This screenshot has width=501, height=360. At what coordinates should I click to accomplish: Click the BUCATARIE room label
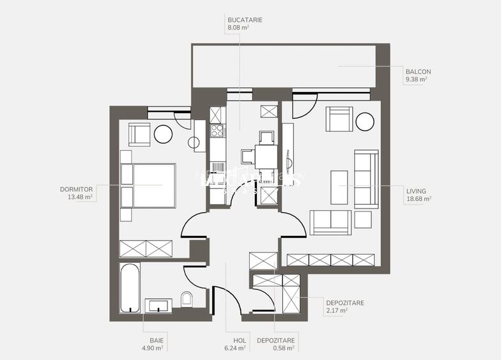(245, 20)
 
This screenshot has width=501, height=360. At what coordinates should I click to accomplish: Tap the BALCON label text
(418, 72)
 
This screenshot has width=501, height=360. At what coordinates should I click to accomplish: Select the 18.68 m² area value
(418, 199)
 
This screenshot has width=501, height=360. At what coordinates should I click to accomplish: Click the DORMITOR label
(77, 189)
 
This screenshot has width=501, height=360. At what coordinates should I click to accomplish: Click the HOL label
(231, 340)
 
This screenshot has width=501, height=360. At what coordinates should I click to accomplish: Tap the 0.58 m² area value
(281, 348)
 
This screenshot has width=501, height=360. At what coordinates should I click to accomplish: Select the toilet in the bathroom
(187, 299)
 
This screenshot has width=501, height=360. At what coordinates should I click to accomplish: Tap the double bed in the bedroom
(148, 185)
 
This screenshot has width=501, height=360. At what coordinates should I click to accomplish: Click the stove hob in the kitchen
(217, 131)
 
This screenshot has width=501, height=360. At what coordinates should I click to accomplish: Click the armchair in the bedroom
(139, 133)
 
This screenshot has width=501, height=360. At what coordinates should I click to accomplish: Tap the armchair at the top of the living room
(338, 118)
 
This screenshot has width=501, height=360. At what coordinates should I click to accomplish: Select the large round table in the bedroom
(162, 134)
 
